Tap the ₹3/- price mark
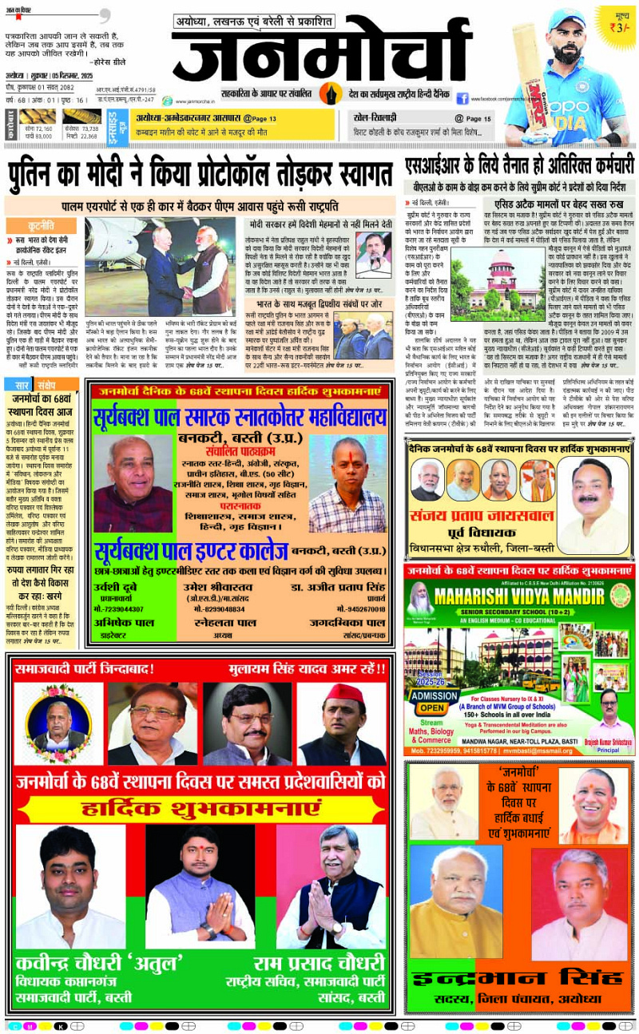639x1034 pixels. pos(615,24)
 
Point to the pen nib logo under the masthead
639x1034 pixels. pos(330,93)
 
